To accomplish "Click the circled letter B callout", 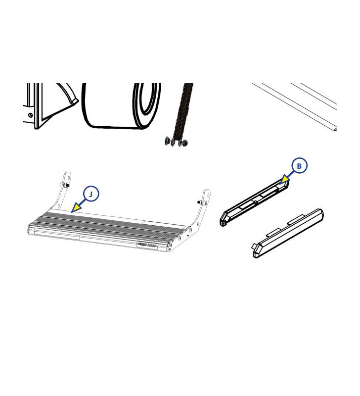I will pos(299,166).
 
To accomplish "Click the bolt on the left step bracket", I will pos(63,185).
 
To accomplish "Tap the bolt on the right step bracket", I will pos(199,203).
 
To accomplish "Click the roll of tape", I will pos(121,106).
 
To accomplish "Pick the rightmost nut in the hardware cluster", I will pos(185,143).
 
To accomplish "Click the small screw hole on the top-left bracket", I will pos(31,115).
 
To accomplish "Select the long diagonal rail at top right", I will pos(297,106).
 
